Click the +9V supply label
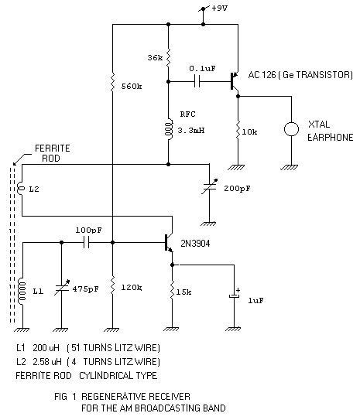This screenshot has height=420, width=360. coord(220,8)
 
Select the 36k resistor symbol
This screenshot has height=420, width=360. coord(168,57)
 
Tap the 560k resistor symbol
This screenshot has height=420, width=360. coord(112,82)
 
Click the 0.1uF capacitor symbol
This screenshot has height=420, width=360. coord(197,81)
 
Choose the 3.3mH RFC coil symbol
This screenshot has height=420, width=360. coord(169,129)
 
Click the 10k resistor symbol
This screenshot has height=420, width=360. coord(238,130)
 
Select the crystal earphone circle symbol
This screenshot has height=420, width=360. coord(291,129)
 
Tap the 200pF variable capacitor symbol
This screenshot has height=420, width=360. coord(210,186)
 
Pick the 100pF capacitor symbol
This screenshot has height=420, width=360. coord(86,242)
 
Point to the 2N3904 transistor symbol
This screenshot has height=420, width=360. coord(169,242)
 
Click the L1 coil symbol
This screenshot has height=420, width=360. coord(22,291)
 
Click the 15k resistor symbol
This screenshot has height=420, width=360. coord(172,290)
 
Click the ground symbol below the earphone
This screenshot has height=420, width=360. coord(290,168)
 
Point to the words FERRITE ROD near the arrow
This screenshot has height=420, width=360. coord(53,153)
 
